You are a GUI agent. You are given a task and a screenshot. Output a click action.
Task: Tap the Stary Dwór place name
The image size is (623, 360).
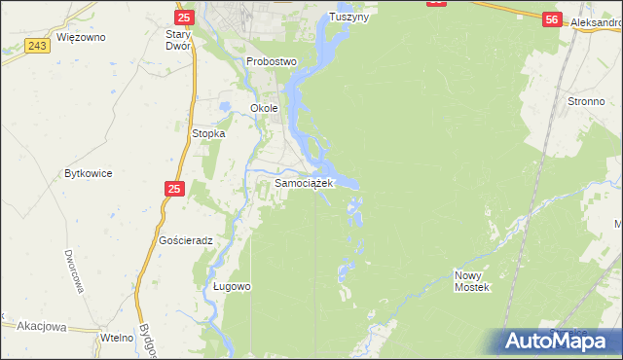tap(177, 39)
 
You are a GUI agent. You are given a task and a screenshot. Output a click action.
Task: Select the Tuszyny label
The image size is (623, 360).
tap(351, 18)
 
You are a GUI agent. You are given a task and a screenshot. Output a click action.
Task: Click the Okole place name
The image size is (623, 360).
tap(264, 108)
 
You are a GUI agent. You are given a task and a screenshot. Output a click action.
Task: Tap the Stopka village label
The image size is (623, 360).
tap(208, 133)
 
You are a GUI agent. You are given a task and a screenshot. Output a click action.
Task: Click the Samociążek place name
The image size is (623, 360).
tap(305, 182)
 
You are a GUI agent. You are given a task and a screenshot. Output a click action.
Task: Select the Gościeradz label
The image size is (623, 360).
tap(186, 239)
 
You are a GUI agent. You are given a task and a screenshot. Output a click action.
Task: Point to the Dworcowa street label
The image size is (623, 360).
tap(72, 271)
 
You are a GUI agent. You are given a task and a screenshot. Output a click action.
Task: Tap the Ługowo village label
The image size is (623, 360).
tap(233, 287)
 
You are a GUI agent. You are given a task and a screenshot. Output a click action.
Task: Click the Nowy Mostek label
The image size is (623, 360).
tap(474, 281)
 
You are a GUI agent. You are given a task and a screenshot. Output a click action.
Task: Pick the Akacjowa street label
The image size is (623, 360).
tap(35, 328)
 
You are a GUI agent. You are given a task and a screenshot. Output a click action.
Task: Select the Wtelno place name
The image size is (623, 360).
tap(116, 337)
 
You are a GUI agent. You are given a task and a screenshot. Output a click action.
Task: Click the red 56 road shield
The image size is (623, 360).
tap(552, 19)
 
